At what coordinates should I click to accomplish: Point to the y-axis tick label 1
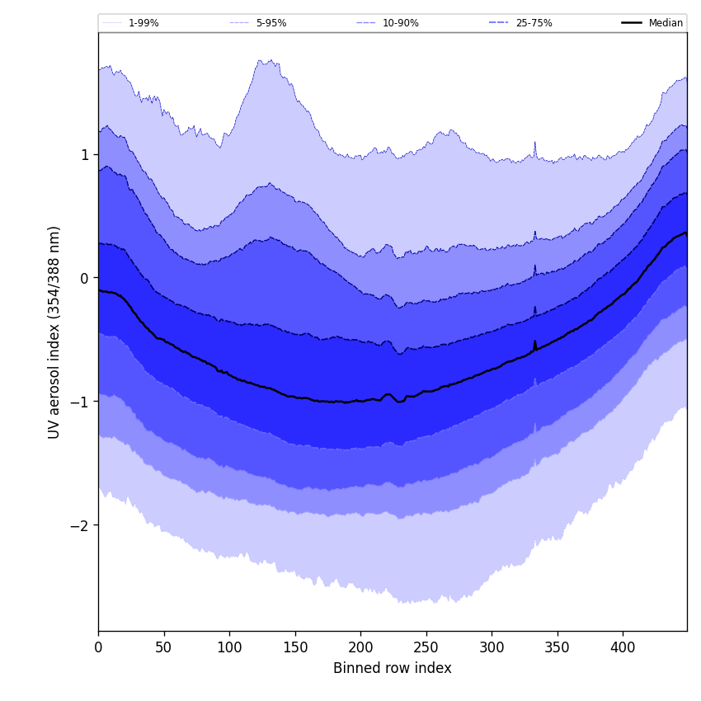84,154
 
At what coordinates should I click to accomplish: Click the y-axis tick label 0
84,278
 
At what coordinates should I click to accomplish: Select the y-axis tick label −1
80,402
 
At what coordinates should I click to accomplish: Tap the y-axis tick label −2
80,525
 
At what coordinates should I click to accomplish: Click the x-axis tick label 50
163,648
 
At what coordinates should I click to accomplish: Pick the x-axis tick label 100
229,648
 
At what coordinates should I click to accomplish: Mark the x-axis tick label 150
294,648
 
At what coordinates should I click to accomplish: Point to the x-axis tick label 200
360,648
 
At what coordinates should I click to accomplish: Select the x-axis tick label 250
426,648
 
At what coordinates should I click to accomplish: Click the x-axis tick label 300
492,648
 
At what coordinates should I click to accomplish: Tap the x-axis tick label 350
557,648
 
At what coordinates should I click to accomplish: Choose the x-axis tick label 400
623,648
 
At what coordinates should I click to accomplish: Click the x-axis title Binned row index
393,668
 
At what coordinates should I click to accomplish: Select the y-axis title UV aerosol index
54,332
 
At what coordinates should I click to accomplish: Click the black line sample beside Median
633,23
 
